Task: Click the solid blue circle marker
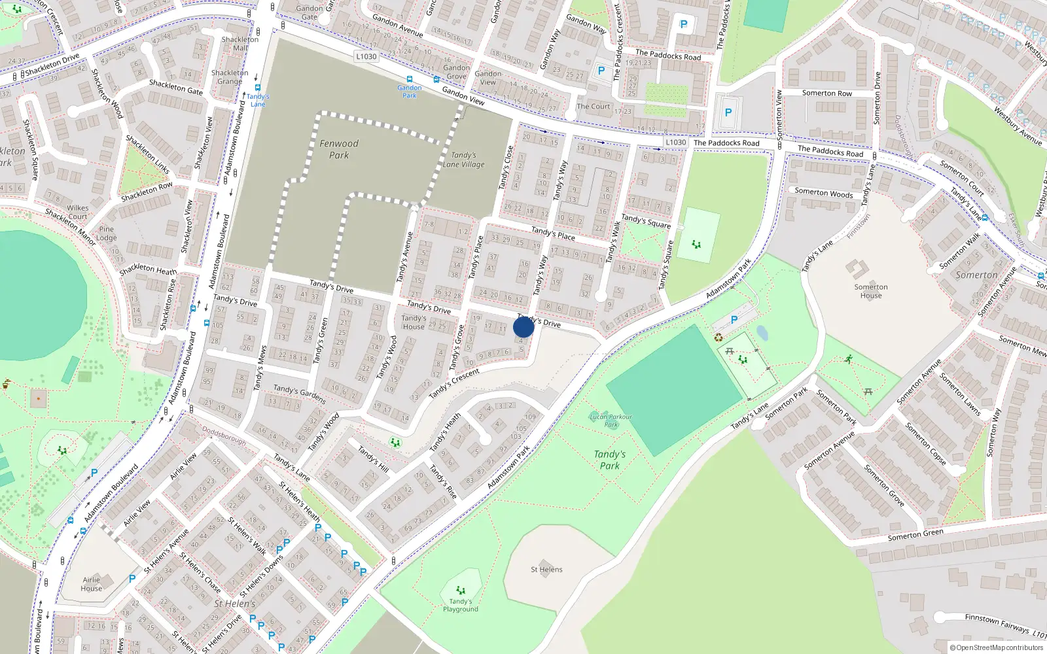click(x=523, y=327)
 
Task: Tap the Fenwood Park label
click(x=339, y=149)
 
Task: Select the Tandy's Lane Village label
click(x=463, y=160)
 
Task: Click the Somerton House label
click(x=871, y=291)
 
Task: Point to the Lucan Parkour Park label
click(x=611, y=420)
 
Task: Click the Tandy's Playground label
click(x=461, y=605)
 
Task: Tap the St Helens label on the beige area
click(x=546, y=570)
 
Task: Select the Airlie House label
click(x=92, y=584)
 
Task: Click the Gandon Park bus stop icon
click(x=410, y=80)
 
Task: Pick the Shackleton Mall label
click(x=240, y=43)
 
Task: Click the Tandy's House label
click(x=414, y=322)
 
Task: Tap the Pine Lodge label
click(x=107, y=233)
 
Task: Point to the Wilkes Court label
click(x=77, y=213)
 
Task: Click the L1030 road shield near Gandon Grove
click(x=366, y=57)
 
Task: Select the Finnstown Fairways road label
click(x=999, y=623)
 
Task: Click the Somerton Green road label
click(x=915, y=535)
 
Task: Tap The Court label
click(x=593, y=107)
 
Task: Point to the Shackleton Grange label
click(x=230, y=77)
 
